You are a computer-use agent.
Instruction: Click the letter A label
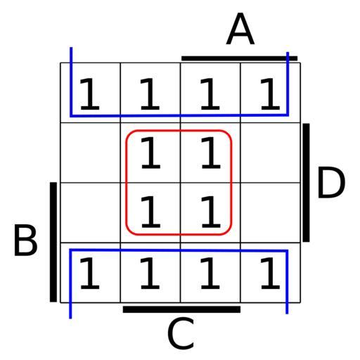click(x=240, y=29)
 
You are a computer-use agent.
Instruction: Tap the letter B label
click(x=25, y=240)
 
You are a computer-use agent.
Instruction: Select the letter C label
click(x=181, y=333)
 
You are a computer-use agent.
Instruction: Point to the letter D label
click(x=331, y=182)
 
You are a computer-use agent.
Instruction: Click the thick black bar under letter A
click(x=239, y=58)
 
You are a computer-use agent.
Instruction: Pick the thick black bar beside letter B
click(x=53, y=242)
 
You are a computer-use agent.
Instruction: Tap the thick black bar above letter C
click(x=181, y=309)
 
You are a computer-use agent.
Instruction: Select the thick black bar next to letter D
click(x=306, y=183)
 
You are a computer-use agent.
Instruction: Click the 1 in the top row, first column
click(x=90, y=94)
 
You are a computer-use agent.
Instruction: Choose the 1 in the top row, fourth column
click(x=270, y=94)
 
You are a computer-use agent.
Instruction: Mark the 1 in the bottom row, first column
click(x=90, y=274)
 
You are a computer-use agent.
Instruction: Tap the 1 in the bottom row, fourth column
click(x=270, y=274)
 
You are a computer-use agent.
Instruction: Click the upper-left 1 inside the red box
click(x=150, y=153)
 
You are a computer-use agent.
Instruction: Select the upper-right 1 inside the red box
click(x=211, y=153)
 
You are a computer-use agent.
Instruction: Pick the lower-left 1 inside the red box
click(x=150, y=212)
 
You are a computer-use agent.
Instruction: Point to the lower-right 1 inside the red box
click(x=211, y=212)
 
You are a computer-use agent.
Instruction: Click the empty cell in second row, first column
click(x=91, y=153)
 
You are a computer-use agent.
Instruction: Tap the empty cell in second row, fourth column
click(x=271, y=153)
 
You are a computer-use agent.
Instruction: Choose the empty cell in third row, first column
click(x=91, y=213)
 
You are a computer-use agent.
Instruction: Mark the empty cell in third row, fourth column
click(x=271, y=213)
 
